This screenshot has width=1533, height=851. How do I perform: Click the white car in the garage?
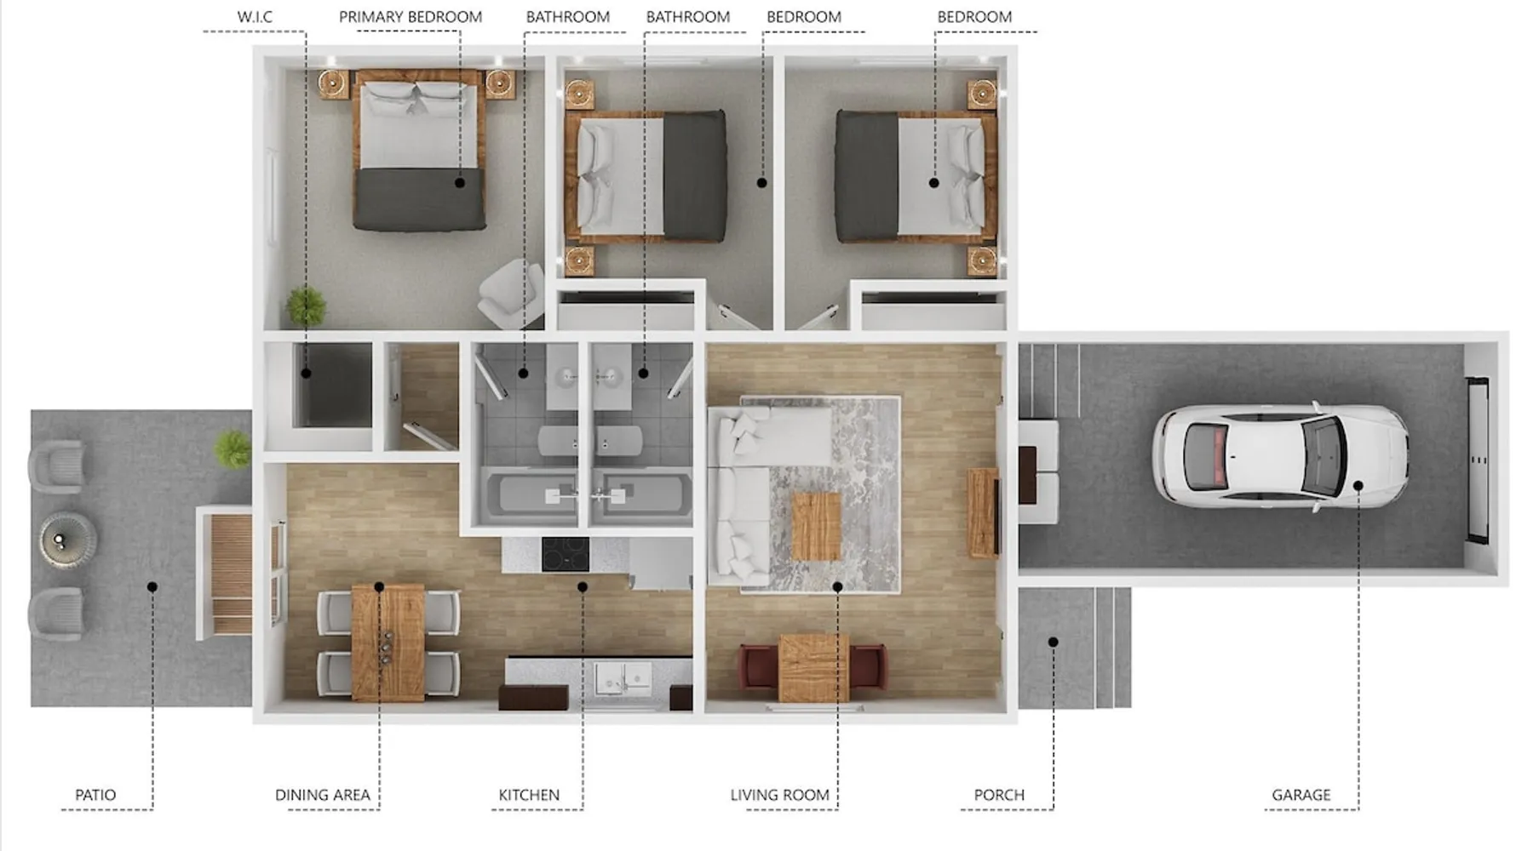(x=1280, y=455)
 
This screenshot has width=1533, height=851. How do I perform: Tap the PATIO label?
(x=95, y=795)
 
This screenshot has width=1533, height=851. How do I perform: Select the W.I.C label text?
(x=255, y=16)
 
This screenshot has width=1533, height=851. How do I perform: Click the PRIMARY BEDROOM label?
(x=411, y=16)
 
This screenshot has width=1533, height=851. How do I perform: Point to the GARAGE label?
(x=1300, y=795)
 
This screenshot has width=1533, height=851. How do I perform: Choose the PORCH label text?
(x=999, y=795)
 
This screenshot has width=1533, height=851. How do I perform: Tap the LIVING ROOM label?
(x=779, y=795)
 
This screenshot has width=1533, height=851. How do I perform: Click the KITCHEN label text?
(x=529, y=795)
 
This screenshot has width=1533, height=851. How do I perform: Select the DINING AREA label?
(x=322, y=795)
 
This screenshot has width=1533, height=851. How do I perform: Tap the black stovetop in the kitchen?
(x=566, y=555)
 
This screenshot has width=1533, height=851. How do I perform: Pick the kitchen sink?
(x=623, y=679)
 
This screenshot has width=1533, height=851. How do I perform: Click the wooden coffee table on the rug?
(x=816, y=527)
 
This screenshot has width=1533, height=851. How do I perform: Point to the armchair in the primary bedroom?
(x=511, y=292)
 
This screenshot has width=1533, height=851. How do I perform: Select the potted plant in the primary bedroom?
(x=306, y=306)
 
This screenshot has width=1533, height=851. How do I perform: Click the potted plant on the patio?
(x=233, y=448)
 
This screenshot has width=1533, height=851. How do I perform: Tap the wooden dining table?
(x=388, y=642)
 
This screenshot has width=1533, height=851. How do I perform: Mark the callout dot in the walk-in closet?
(x=305, y=373)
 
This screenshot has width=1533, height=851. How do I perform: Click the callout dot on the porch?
(x=1053, y=642)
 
